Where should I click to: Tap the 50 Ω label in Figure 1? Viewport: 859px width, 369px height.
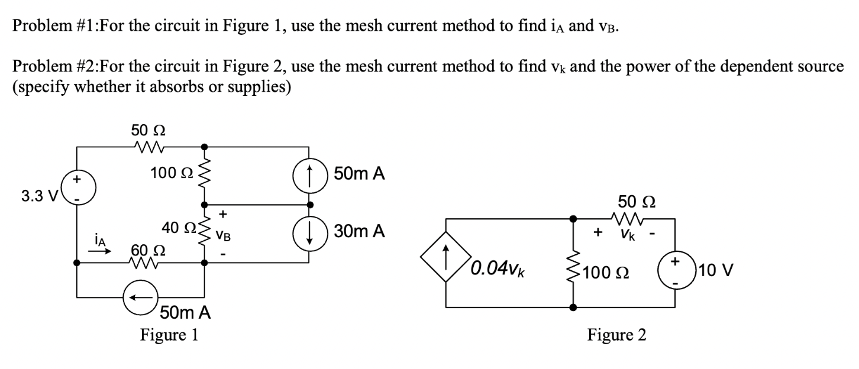(143, 130)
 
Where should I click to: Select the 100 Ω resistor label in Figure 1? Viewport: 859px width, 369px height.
(171, 173)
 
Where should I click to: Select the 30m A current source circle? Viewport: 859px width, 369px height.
(308, 230)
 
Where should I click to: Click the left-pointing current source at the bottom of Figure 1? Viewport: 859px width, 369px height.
(140, 296)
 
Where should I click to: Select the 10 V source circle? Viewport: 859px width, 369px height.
(674, 271)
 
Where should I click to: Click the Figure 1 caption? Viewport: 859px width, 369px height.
(169, 335)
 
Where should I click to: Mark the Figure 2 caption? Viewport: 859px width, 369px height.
(616, 335)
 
